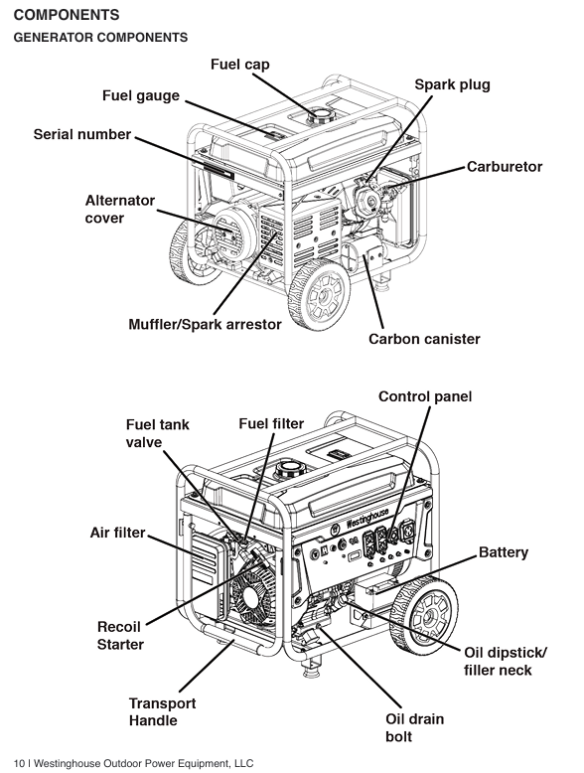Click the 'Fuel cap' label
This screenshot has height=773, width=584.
point(240,65)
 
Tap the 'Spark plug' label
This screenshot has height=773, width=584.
point(453,84)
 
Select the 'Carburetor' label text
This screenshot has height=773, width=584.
point(505,167)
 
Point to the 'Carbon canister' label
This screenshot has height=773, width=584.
point(424,339)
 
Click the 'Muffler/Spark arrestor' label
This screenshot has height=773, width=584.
point(205,324)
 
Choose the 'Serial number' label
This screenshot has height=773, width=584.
point(82,134)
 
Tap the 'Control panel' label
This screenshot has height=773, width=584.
point(425,396)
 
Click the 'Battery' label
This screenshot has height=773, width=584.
point(504,552)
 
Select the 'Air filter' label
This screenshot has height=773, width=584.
point(117,533)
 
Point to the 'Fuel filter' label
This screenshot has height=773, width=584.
point(271,423)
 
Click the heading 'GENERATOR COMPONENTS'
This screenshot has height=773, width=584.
point(100,38)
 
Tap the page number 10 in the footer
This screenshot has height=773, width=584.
point(19,764)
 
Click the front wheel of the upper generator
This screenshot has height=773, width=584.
point(320,294)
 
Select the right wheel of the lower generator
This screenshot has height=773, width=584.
point(424,615)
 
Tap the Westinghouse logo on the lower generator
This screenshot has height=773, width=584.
point(366,518)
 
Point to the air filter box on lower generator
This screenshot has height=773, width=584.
point(206,558)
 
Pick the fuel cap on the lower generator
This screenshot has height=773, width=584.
point(288,469)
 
